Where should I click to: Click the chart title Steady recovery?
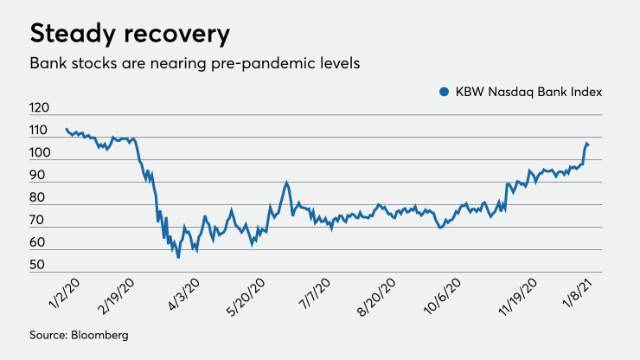pos(130,34)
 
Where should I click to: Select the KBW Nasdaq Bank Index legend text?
pos(528,92)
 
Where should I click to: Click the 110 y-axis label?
pos(40,132)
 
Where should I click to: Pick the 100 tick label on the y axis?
pos(40,154)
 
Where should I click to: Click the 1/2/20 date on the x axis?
pos(54,294)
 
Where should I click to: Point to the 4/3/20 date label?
pos(183,294)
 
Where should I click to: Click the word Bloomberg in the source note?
pos(102,335)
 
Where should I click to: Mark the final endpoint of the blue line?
pos(589,144)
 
